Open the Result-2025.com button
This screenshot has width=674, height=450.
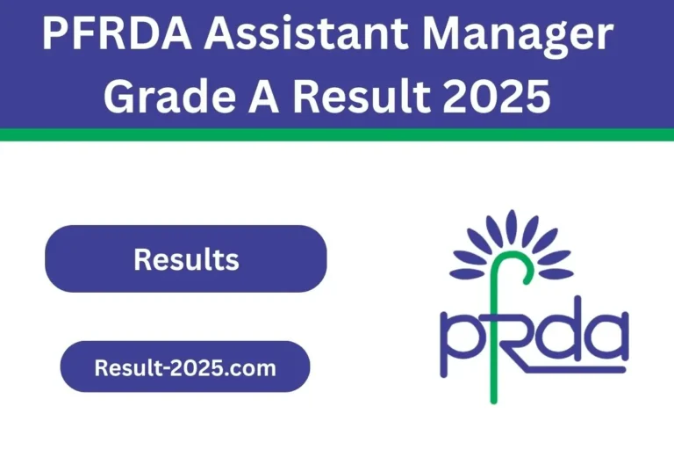point(184,367)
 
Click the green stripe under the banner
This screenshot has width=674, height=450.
point(337,134)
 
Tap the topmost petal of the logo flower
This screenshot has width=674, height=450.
point(513,225)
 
